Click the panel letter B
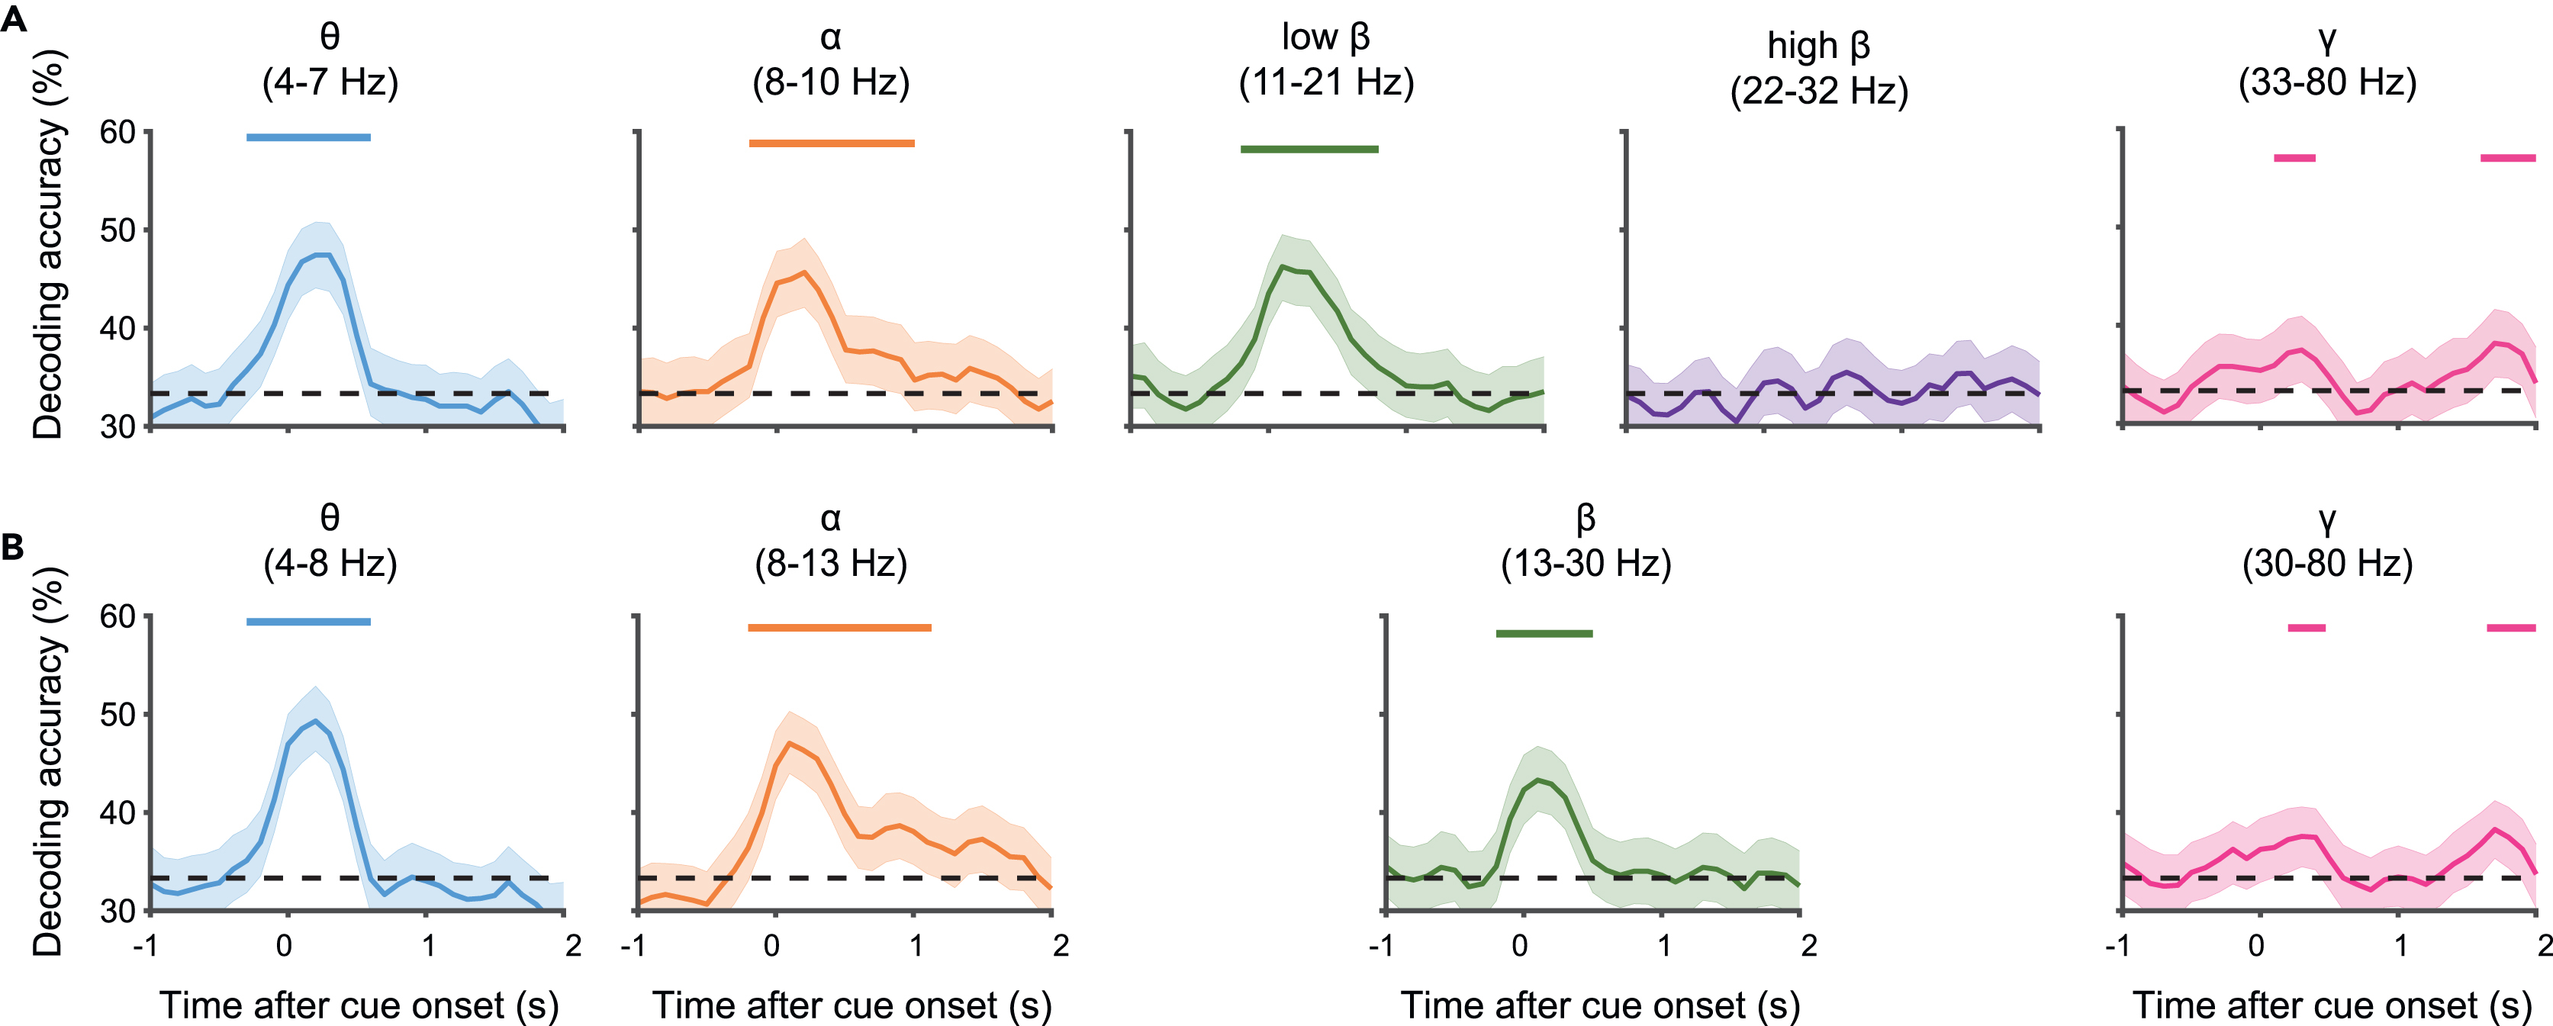(13, 546)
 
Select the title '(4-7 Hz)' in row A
(330, 83)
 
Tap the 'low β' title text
(1325, 37)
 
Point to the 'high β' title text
(1819, 47)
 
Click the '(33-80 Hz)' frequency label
(2327, 83)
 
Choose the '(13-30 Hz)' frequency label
(1586, 564)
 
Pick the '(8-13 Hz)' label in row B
(830, 564)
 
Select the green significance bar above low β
(1309, 150)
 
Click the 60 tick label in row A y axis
(117, 132)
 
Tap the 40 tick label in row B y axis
(117, 813)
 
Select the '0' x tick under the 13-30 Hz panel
(1519, 946)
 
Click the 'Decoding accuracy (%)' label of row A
(47, 245)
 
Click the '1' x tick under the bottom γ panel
(2400, 946)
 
